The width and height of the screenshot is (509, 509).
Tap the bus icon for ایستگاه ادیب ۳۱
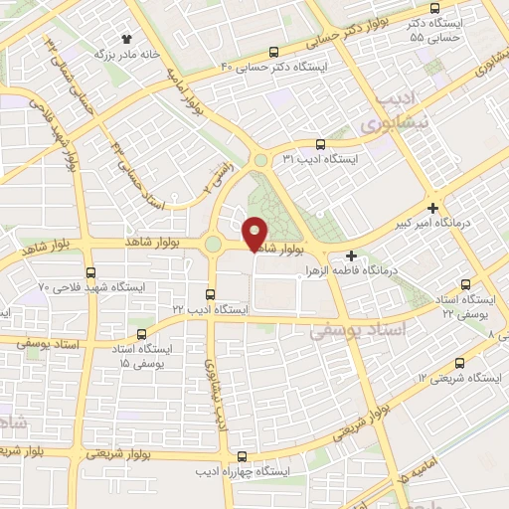318,144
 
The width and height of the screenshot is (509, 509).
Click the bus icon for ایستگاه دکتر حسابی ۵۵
434,10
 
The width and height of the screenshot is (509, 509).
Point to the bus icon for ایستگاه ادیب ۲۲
210,294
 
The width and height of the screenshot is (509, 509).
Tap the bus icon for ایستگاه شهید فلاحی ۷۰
91,271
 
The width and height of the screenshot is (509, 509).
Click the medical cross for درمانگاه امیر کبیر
431,208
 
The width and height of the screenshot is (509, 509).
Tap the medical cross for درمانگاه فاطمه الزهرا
350,255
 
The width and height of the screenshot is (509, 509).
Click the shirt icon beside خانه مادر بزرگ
126,38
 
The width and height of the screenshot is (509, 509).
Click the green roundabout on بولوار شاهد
213,245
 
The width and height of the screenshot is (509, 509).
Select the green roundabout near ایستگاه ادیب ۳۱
260,159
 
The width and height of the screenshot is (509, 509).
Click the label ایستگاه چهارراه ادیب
236,470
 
